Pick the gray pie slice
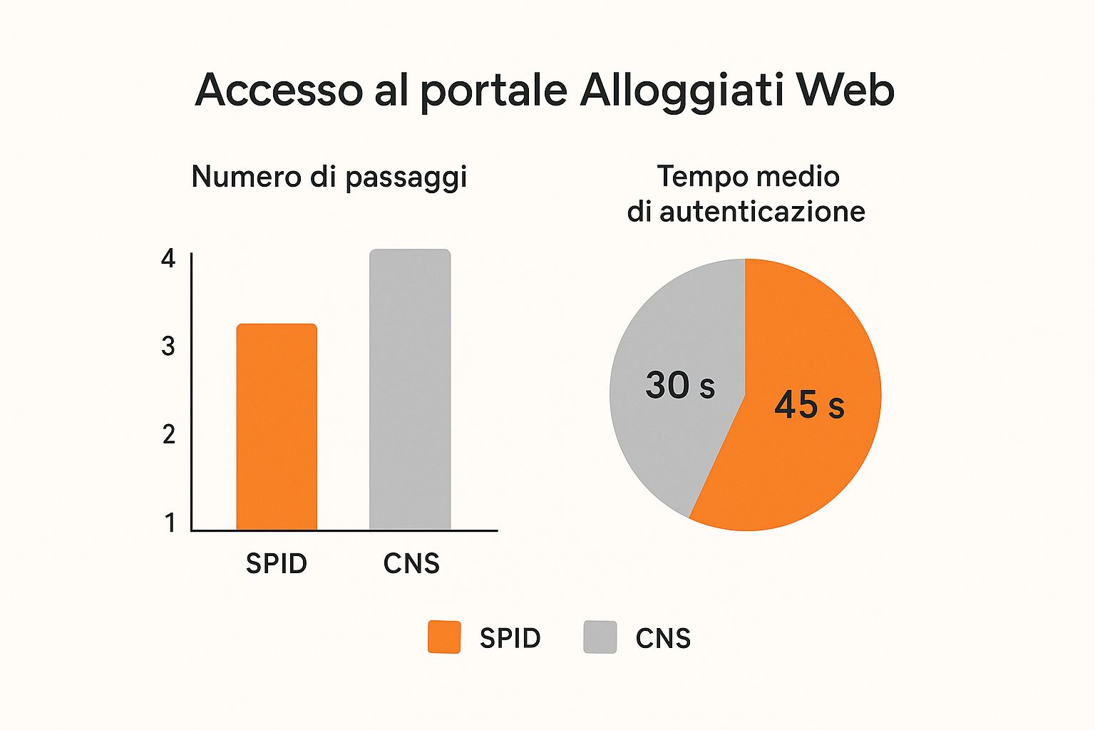[663, 442]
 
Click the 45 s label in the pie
[809, 405]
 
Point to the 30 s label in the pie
[679, 385]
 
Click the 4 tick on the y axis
[168, 258]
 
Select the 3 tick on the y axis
[168, 346]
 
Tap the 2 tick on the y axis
[168, 434]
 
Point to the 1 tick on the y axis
[170, 523]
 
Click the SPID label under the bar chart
[277, 564]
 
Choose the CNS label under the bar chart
[411, 564]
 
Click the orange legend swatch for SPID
[444, 637]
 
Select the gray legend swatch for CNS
[600, 637]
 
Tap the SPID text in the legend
[510, 638]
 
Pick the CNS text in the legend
[663, 638]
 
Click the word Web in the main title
[845, 91]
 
